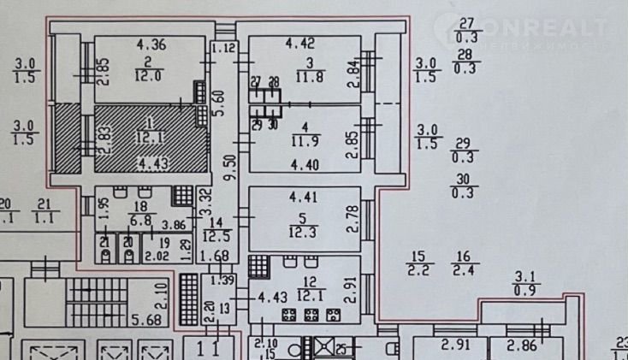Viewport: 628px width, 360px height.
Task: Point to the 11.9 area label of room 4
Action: point(305,141)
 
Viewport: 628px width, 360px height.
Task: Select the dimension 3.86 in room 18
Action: point(174,227)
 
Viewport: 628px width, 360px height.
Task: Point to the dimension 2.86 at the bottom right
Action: point(519,345)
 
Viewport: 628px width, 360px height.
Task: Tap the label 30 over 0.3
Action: point(465,185)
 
